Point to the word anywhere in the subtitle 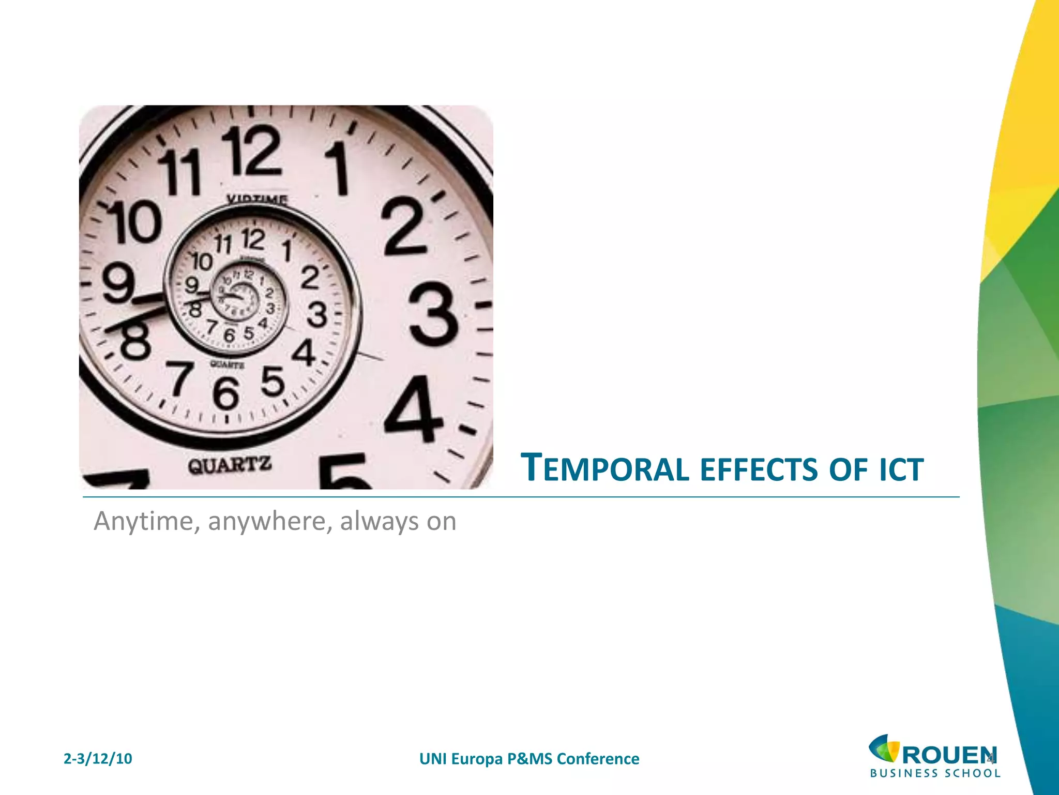coord(269,522)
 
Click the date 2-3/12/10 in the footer coord(98,759)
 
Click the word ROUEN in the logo coord(949,755)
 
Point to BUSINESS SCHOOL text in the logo coord(935,774)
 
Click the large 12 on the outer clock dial coord(253,151)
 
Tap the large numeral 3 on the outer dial coord(433,317)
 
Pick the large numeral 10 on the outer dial coord(134,223)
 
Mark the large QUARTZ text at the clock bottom coord(230,465)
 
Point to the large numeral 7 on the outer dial coord(179,379)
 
